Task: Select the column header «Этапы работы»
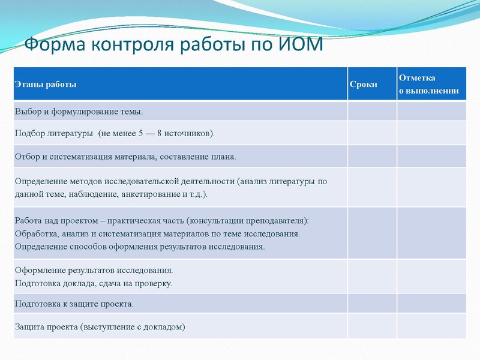click(x=46, y=85)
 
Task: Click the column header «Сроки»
click(x=364, y=85)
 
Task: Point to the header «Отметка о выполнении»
click(x=429, y=85)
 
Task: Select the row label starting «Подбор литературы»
click(x=114, y=133)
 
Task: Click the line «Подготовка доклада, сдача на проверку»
click(x=93, y=283)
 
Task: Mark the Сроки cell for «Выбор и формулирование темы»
click(x=371, y=112)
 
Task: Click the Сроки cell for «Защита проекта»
click(x=371, y=326)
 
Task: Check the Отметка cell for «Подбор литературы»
click(x=431, y=133)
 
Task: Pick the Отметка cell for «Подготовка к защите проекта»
click(x=431, y=304)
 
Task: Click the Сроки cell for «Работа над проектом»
click(x=371, y=233)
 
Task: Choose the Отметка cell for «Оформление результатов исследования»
click(x=431, y=277)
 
